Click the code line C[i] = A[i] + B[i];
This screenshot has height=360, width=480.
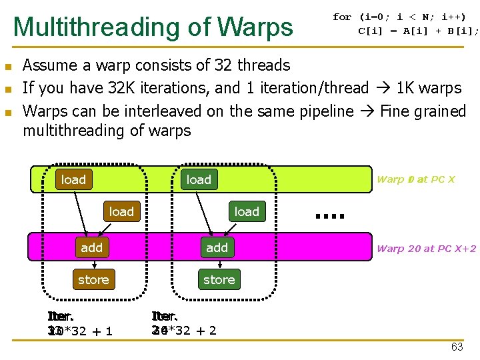pyautogui.click(x=418, y=30)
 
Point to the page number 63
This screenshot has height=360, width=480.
pyautogui.click(x=457, y=347)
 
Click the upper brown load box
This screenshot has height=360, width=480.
pyautogui.click(x=73, y=179)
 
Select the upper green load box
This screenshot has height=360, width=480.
pyautogui.click(x=199, y=179)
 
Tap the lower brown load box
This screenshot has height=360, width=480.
pyautogui.click(x=121, y=211)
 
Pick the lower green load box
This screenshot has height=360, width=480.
pyautogui.click(x=247, y=211)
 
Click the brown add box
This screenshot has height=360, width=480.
pyautogui.click(x=92, y=247)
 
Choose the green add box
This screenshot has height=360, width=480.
pyautogui.click(x=217, y=247)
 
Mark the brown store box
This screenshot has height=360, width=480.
pyautogui.click(x=93, y=279)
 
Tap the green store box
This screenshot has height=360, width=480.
pyautogui.click(x=219, y=279)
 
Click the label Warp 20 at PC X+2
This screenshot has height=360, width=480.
pyautogui.click(x=426, y=249)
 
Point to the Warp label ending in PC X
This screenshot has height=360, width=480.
pyautogui.click(x=415, y=179)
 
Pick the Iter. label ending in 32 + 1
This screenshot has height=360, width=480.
pyautogui.click(x=79, y=324)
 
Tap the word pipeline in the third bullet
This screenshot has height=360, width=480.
pyautogui.click(x=327, y=111)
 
